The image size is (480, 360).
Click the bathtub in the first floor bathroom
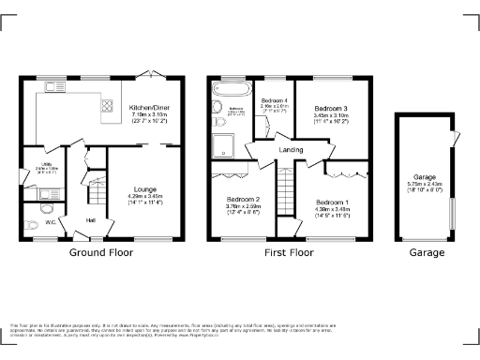pos(227,91)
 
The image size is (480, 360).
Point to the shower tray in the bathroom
pos(224,142)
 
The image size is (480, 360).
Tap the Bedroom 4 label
pos(274,100)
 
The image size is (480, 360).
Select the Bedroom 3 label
pos(330,110)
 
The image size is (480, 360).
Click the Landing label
pos(289,149)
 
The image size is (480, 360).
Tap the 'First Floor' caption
pos(289,253)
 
